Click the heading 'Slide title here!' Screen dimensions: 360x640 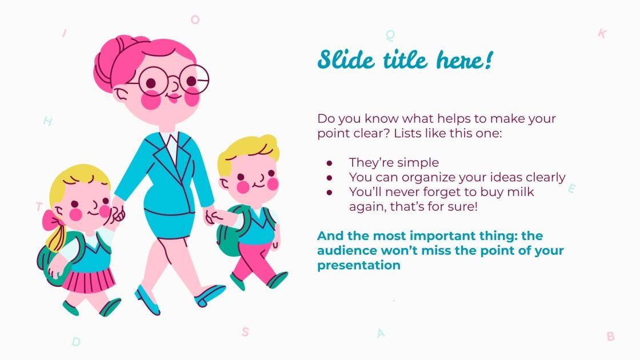point(405,59)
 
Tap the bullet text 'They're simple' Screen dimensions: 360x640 point(394,162)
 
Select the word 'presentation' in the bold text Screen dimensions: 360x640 point(359,265)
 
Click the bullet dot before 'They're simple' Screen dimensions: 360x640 point(329,163)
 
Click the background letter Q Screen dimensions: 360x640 point(390,35)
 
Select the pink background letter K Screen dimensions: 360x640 point(602,34)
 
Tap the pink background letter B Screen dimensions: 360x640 point(610,337)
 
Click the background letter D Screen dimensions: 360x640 point(76,342)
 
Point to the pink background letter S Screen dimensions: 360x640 point(245,331)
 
